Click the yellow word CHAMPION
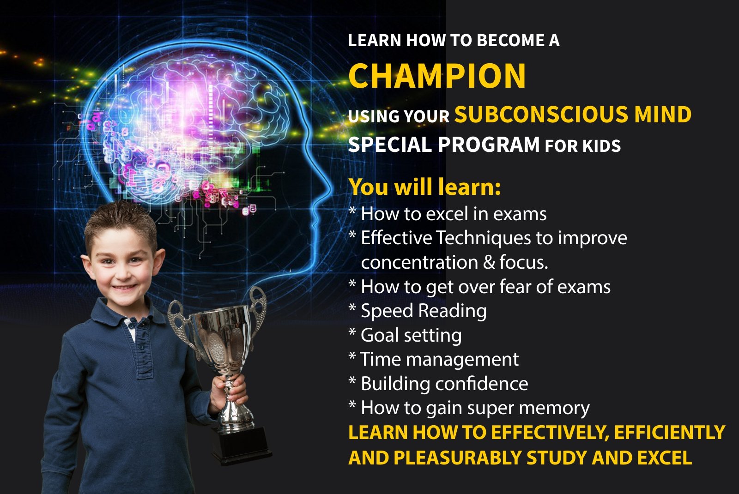pyautogui.click(x=437, y=76)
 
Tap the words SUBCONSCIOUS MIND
pyautogui.click(x=573, y=114)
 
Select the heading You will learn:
pyautogui.click(x=424, y=187)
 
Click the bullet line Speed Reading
pyautogui.click(x=418, y=311)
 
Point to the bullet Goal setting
pyautogui.click(x=405, y=335)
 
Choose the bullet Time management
pyautogui.click(x=434, y=359)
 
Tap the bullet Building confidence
pyautogui.click(x=438, y=384)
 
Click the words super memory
pyautogui.click(x=540, y=409)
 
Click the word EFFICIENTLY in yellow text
pyautogui.click(x=670, y=432)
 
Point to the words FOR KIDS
pyautogui.click(x=582, y=146)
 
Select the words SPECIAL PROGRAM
pyautogui.click(x=444, y=145)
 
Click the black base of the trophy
pyautogui.click(x=242, y=445)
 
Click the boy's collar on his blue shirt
pyautogui.click(x=125, y=313)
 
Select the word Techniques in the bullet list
pyautogui.click(x=484, y=238)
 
